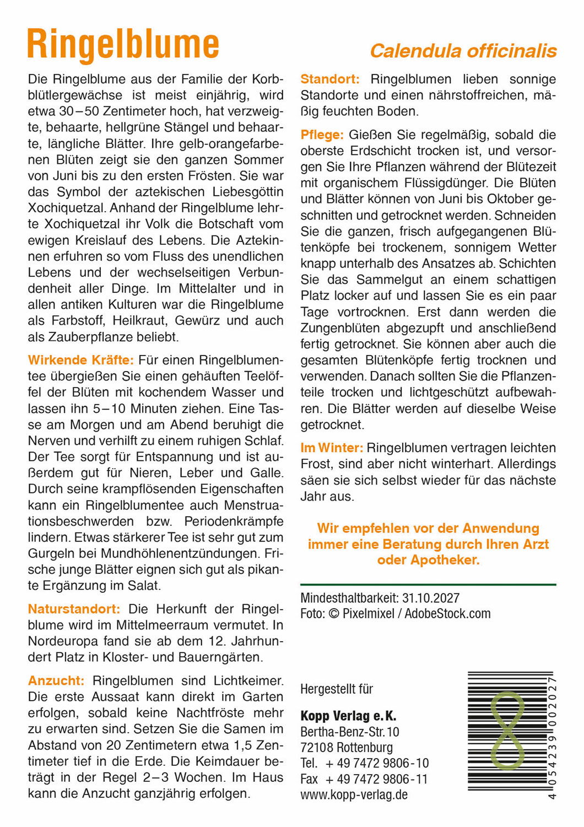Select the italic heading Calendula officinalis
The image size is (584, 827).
(463, 51)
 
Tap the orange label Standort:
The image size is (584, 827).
(329, 79)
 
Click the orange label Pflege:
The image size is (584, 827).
(322, 135)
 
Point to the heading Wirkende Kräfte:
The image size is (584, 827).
(80, 361)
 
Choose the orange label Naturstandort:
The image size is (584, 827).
(74, 609)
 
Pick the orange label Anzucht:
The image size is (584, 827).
(56, 681)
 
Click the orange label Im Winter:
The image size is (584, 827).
(332, 448)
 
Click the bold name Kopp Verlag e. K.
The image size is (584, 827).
(348, 716)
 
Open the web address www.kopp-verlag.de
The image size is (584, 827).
(354, 795)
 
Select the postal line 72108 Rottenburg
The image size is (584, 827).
(347, 748)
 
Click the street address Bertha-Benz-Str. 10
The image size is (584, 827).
(349, 732)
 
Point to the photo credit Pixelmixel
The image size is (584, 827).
(368, 614)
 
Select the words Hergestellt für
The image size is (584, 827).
(337, 689)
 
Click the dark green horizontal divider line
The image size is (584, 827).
(428, 584)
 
